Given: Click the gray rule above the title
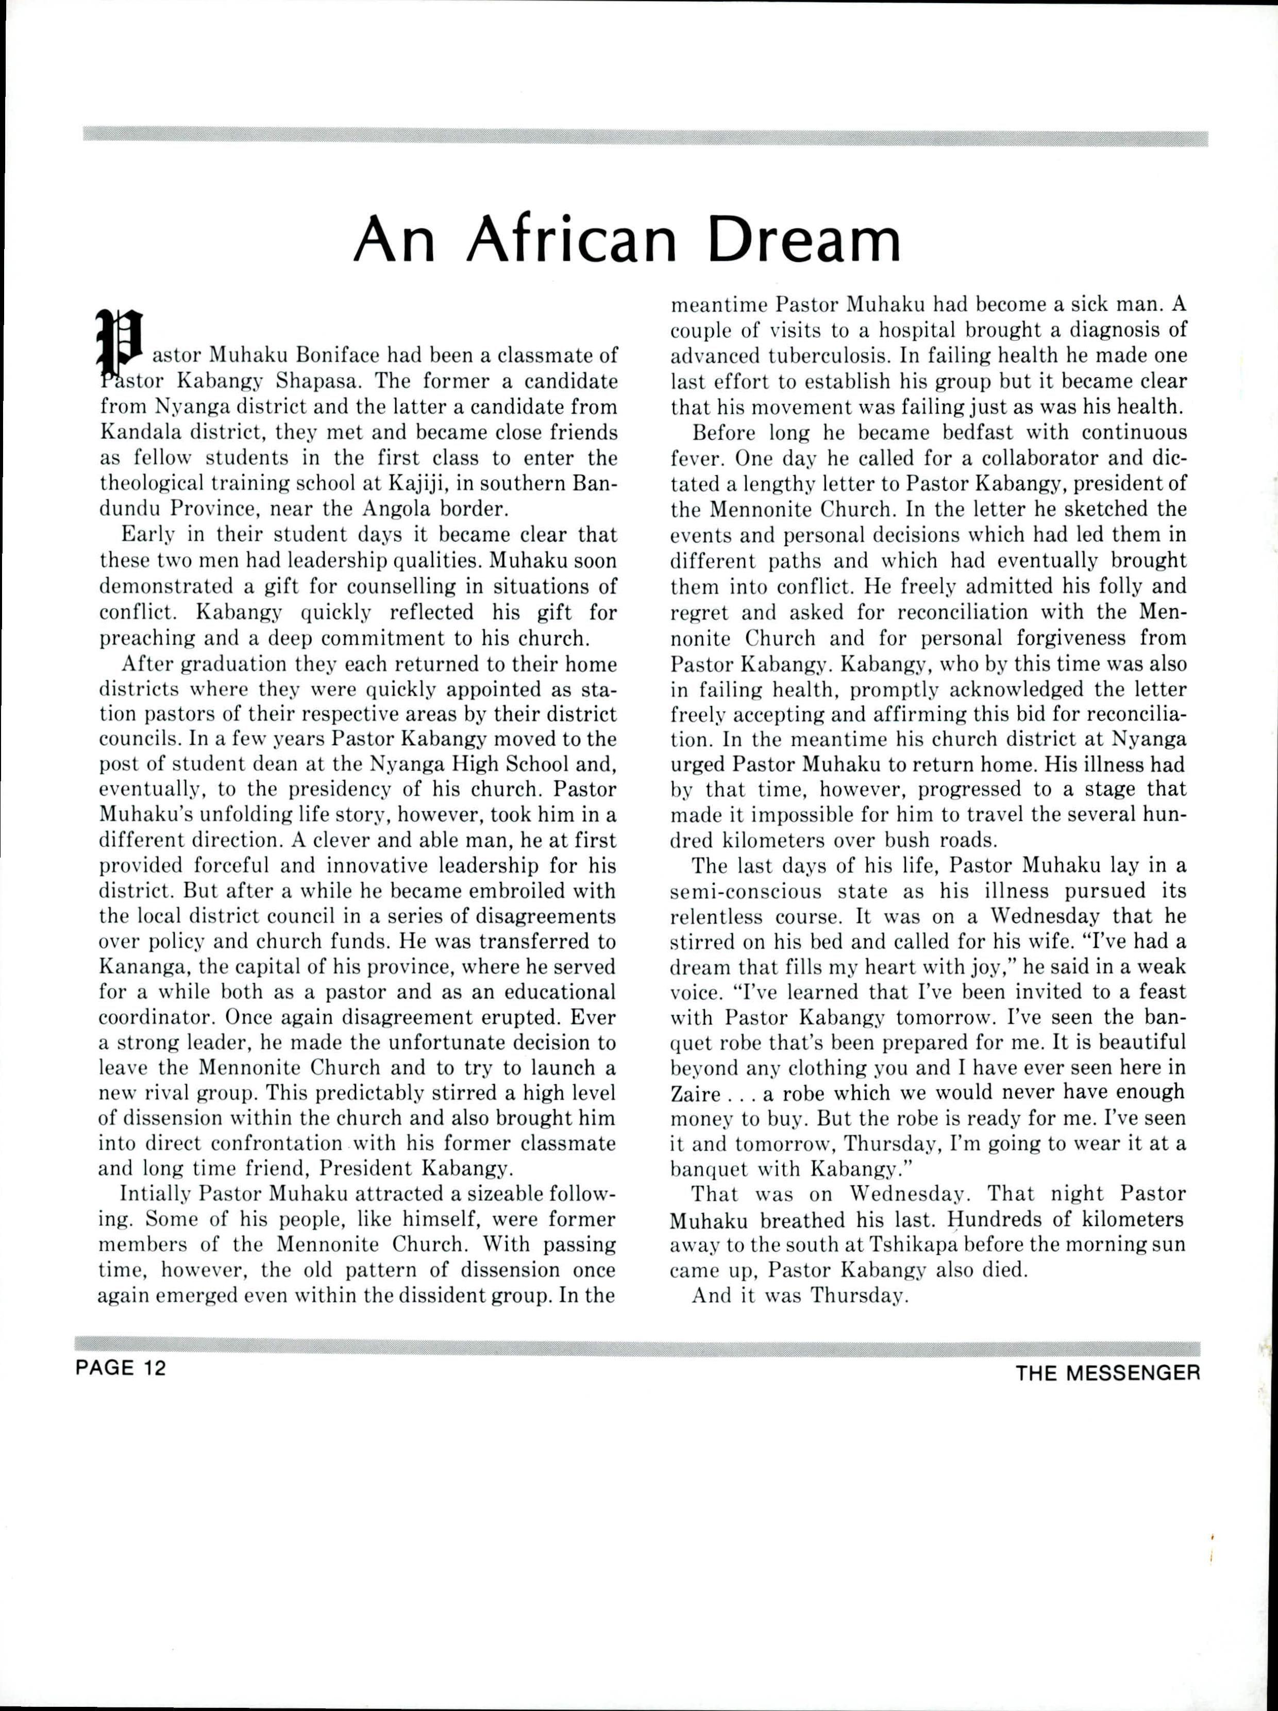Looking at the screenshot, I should (x=645, y=139).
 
